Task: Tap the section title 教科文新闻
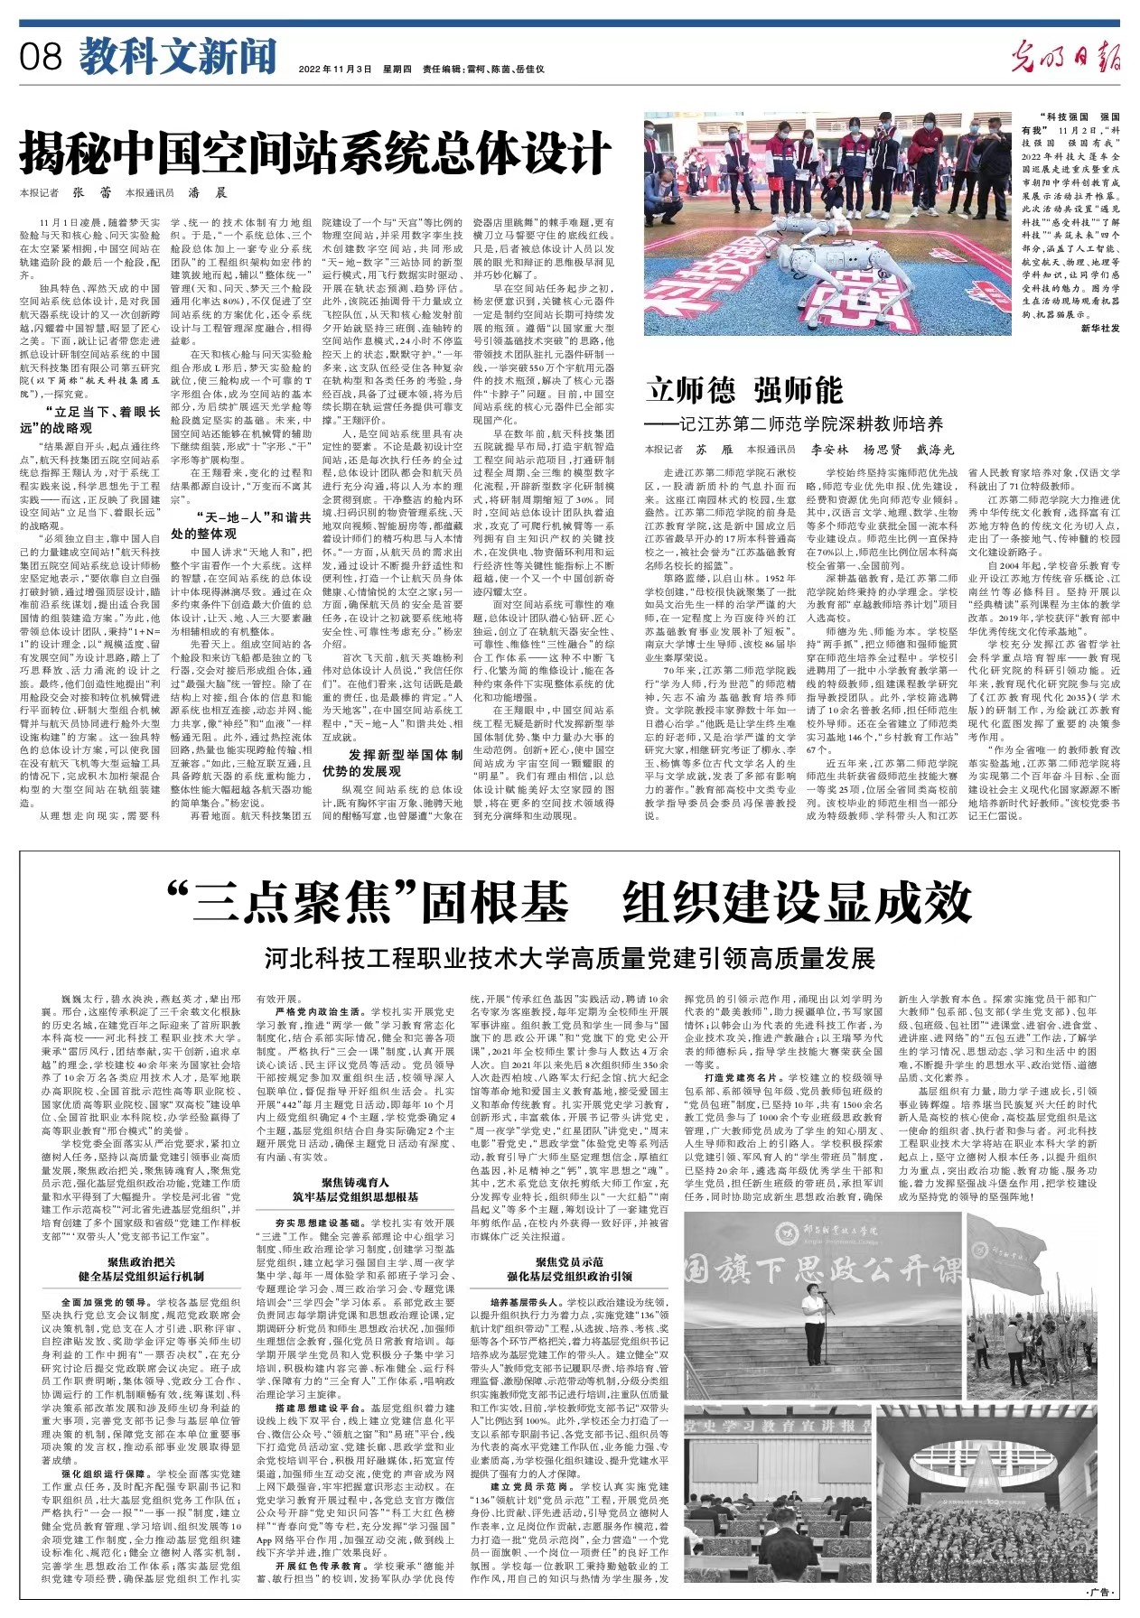point(177,58)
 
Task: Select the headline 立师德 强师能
point(744,391)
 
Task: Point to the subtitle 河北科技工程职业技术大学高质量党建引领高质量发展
point(569,957)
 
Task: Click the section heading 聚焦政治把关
point(142,1261)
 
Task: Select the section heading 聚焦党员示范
point(569,1261)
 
